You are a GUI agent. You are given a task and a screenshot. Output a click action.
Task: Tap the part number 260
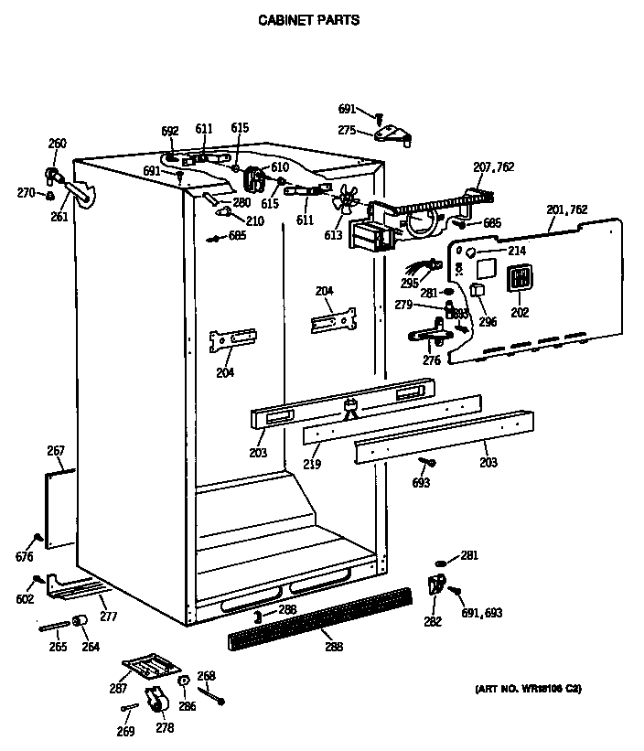pos(57,143)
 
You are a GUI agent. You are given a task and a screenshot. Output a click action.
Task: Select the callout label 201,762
pos(567,210)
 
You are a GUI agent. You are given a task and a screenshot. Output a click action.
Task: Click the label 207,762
pos(493,166)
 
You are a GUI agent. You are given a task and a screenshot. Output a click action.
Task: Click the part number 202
pos(520,311)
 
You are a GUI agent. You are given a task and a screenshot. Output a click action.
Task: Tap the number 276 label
pos(431,359)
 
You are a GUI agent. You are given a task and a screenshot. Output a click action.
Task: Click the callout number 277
pos(108,617)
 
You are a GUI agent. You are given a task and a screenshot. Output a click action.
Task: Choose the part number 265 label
pos(58,647)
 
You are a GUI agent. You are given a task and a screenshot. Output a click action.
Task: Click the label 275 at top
pos(347,131)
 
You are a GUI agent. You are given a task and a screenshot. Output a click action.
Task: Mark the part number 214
pos(517,249)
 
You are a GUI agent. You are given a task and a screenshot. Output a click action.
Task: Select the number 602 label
pos(25,599)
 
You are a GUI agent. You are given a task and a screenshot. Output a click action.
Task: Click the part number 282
pos(433,622)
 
